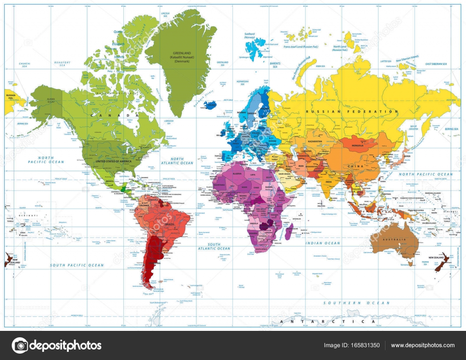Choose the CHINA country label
click(x=356, y=167)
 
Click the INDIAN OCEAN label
click(x=322, y=243)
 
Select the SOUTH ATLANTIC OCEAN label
click(x=214, y=247)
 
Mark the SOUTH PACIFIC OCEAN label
click(x=77, y=265)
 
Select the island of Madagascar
click(x=289, y=232)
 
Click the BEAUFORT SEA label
click(x=62, y=64)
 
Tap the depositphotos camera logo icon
click(x=20, y=345)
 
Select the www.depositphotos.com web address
click(x=422, y=345)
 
